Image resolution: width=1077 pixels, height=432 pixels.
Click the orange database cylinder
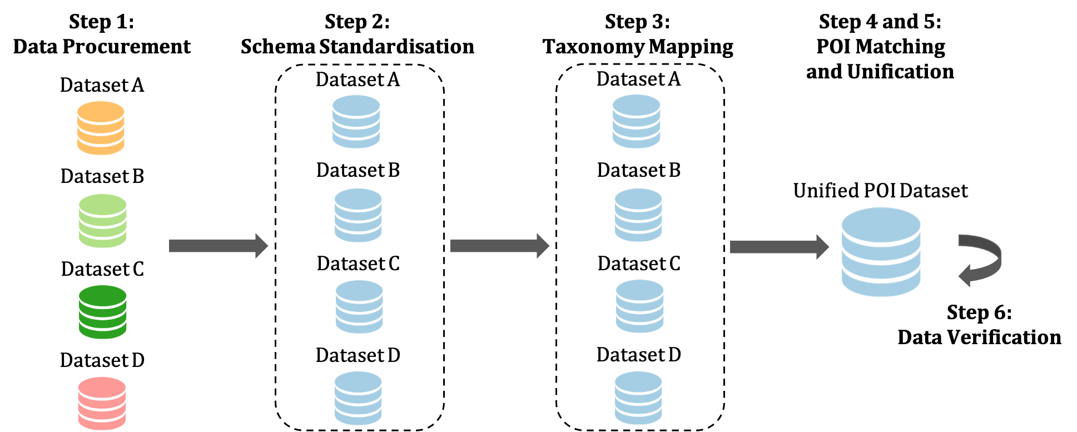tap(101, 128)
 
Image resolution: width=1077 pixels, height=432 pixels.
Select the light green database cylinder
tap(103, 221)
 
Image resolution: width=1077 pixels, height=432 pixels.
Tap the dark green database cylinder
tap(103, 312)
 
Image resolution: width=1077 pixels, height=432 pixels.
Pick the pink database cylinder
tap(102, 403)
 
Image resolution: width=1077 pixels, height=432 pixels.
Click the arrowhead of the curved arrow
tap(965, 276)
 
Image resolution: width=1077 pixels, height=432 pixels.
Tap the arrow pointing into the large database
tap(779, 247)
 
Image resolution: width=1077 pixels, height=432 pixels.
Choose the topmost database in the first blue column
tap(356, 121)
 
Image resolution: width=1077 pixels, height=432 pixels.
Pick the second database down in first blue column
tap(358, 215)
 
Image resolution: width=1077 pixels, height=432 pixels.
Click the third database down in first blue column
tap(359, 306)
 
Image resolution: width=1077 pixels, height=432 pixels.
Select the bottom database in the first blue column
tap(358, 398)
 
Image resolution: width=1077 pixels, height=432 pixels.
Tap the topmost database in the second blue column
tap(637, 121)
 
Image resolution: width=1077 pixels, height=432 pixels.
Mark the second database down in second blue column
tap(638, 215)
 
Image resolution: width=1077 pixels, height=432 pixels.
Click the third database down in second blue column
tap(640, 306)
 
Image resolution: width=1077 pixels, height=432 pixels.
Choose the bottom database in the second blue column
tap(638, 398)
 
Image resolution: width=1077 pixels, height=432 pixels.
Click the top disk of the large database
tap(881, 225)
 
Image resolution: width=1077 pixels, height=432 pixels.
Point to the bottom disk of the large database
tap(881, 287)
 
